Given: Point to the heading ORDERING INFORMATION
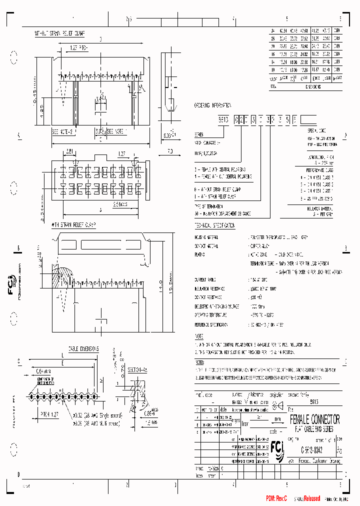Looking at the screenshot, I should click(x=212, y=106).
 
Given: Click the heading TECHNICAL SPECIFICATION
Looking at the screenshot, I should click(x=214, y=226).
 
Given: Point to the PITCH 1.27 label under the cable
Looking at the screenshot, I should click(x=50, y=414).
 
